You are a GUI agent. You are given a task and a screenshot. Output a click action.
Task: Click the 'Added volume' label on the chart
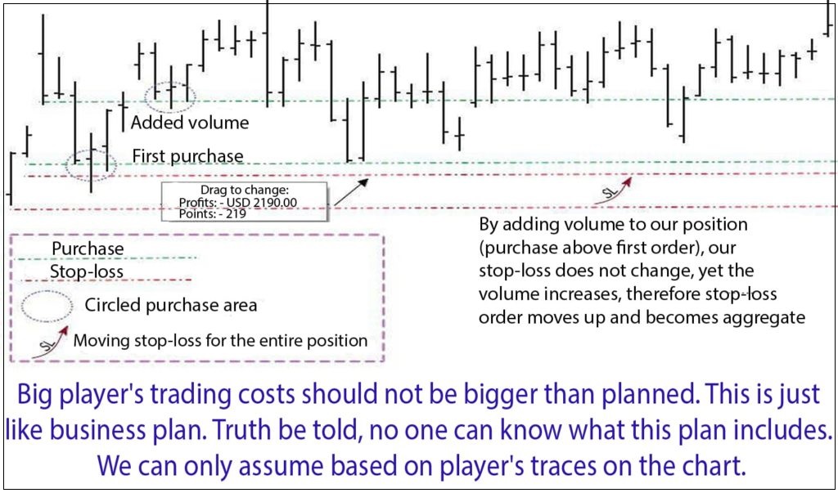pos(190,123)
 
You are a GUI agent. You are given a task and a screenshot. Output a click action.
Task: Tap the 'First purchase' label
pos(187,156)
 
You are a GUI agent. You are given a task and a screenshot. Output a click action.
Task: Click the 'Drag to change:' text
pos(244,190)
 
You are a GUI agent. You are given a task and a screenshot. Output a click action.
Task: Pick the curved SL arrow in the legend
pos(51,341)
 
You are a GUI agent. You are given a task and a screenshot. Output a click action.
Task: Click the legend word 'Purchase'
pos(88,249)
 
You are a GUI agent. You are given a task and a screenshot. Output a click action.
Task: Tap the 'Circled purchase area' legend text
pos(171,306)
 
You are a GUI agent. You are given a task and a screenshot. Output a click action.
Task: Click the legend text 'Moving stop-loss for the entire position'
pos(220,340)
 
